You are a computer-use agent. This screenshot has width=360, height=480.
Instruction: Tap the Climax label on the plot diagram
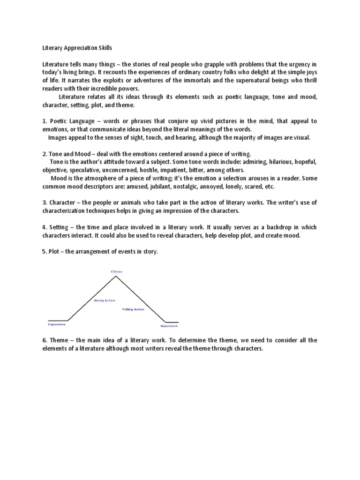tap(116, 271)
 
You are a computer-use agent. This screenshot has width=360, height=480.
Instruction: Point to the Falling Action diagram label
tap(134, 309)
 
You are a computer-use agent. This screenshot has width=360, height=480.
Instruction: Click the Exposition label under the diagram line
tap(57, 324)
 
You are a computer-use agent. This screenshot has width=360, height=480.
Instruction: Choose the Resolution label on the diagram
tap(169, 326)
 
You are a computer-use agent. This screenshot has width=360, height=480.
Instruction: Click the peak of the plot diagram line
tap(116, 276)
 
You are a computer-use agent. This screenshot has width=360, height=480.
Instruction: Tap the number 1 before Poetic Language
tap(44, 121)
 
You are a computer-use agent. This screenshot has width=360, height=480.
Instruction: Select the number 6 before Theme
tap(44, 340)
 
